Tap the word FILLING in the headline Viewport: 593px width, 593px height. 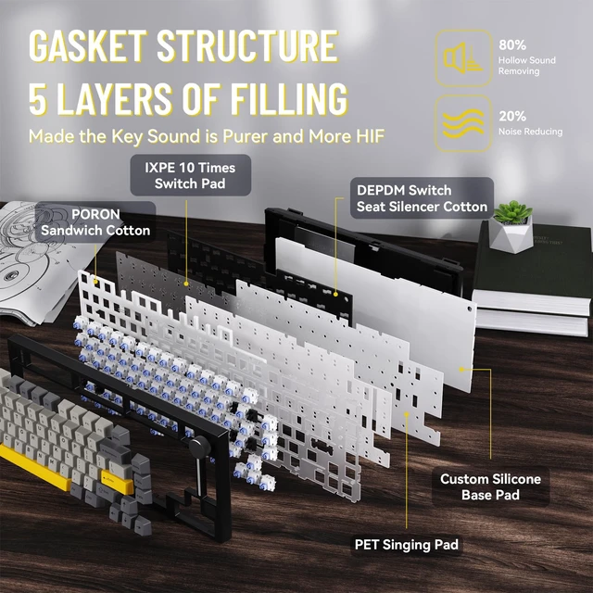[289, 99]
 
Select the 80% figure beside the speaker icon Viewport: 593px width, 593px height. [512, 45]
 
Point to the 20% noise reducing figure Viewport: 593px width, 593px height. [512, 116]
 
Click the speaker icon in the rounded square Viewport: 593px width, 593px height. [463, 58]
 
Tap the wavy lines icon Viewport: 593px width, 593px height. [463, 123]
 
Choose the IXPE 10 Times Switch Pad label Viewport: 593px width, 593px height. [190, 175]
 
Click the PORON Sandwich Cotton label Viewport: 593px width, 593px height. [95, 222]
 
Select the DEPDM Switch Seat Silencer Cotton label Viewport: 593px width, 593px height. [422, 198]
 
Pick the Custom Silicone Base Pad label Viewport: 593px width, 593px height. [490, 486]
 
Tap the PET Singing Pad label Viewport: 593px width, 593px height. [407, 545]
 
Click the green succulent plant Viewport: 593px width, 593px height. [512, 212]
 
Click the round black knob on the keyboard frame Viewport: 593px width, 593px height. [199, 447]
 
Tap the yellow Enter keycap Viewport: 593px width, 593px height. [116, 480]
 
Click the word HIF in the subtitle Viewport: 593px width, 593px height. [371, 136]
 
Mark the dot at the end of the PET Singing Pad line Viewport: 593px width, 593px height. [407, 414]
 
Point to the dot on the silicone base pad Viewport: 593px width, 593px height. [461, 369]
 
